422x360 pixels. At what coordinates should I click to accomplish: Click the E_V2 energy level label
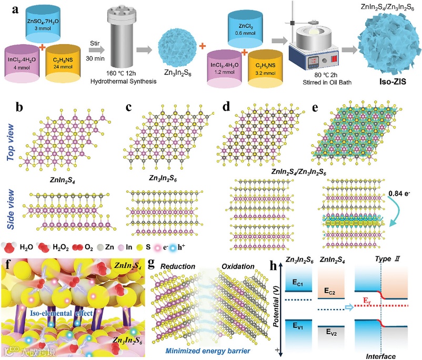[x=331, y=333]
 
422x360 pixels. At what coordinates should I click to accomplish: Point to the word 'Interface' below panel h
[x=380, y=355]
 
